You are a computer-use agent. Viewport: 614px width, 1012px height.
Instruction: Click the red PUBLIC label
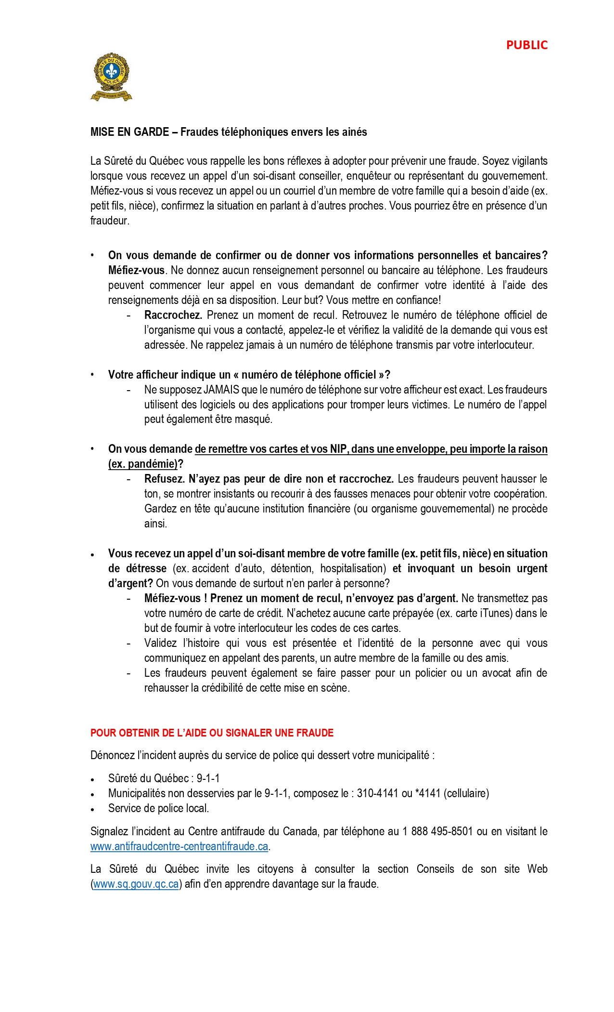pos(526,45)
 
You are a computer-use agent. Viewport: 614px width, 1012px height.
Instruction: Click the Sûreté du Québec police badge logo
pos(111,77)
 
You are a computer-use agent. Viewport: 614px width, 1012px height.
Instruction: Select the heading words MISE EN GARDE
pos(129,132)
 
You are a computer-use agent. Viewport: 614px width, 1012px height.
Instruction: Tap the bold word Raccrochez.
pos(173,315)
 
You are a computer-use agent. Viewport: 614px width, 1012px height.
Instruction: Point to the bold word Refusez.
pos(164,479)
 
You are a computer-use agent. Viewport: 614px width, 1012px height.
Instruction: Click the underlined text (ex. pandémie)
pos(143,464)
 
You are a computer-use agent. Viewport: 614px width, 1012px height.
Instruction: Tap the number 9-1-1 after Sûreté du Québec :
pos(208,778)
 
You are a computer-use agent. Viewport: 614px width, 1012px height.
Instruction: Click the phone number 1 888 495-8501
pos(437,831)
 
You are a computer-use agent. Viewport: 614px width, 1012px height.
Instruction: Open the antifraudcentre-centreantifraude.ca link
pos(179,846)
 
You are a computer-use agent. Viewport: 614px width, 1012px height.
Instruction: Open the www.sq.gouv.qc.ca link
pos(136,884)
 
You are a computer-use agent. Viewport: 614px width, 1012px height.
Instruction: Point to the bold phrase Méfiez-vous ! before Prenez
pos(176,598)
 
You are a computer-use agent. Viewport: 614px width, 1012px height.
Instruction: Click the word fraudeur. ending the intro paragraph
pos(110,221)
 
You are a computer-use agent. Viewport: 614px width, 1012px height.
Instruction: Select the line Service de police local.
pos(158,808)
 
